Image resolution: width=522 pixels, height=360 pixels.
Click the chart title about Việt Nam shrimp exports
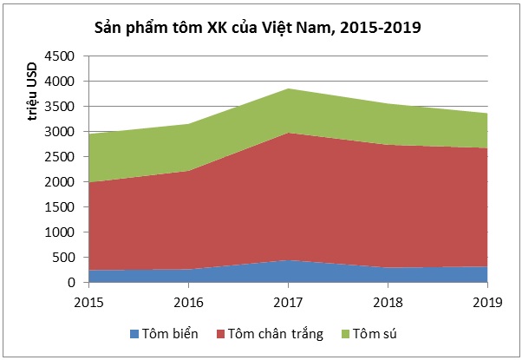258,29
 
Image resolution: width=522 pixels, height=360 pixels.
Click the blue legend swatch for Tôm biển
133,334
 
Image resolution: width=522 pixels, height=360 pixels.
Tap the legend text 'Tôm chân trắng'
277,334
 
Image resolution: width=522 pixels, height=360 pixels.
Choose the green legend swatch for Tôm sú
353,334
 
